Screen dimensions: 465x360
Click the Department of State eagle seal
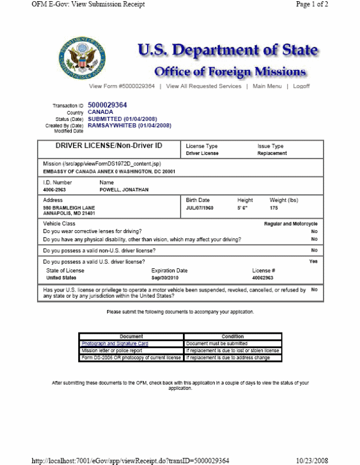pos(82,58)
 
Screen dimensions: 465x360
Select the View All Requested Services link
pos(204,86)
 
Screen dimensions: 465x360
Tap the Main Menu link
pos(267,86)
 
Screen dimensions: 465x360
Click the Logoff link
pos(302,86)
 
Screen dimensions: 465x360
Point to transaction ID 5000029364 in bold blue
pos(107,105)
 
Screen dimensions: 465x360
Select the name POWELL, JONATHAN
pos(124,190)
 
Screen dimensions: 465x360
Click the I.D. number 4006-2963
pos(55,190)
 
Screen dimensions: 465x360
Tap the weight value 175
pos(274,206)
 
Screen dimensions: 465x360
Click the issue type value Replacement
pos(272,154)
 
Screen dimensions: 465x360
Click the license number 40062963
pos(264,278)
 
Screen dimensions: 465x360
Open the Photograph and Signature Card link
pos(115,344)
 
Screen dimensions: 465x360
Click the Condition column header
pos(232,337)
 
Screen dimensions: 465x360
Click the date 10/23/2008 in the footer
pos(312,460)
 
